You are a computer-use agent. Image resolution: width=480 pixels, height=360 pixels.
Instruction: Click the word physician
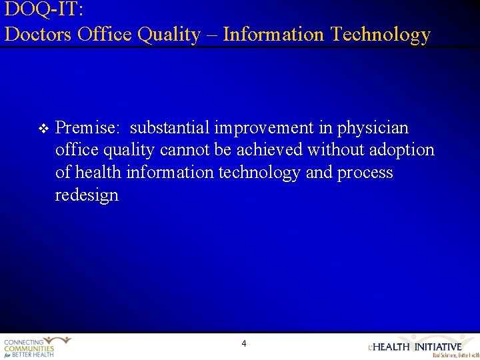coord(373,127)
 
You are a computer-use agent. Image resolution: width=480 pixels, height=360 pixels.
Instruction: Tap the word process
coord(365,173)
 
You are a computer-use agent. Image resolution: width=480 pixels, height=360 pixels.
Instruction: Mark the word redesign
coord(87,195)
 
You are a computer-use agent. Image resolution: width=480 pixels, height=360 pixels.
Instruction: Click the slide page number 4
coord(243,344)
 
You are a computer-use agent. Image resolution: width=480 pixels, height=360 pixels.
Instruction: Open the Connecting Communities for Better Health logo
coord(37,347)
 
